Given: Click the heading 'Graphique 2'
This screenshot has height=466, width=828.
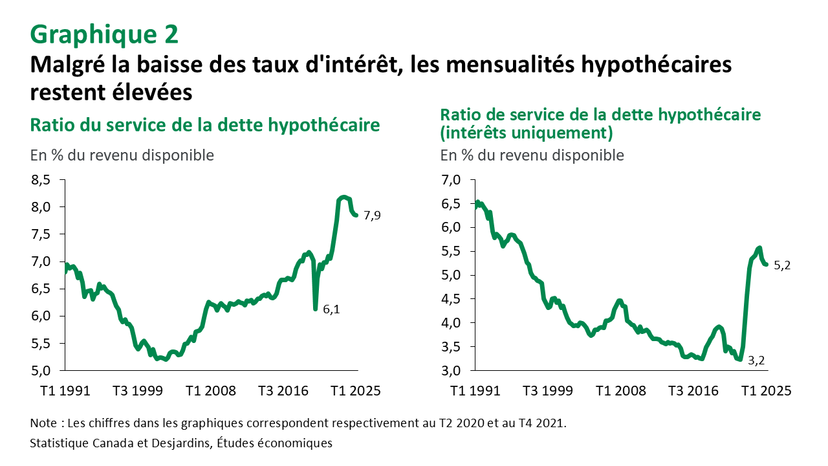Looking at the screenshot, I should pos(104,34).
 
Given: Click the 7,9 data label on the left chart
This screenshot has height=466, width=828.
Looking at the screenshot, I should pos(372,216).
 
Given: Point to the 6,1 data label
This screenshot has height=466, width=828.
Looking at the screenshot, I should pos(331,310).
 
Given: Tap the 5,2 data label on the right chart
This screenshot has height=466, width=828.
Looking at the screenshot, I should pos(782,265).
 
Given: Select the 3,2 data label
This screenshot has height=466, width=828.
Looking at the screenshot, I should pos(757,361).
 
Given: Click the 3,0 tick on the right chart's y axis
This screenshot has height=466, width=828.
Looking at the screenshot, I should pos(452,371).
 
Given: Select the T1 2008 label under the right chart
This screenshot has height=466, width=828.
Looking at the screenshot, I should pos(621,392).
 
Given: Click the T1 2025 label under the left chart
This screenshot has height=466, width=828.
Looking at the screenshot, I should pos(356,392).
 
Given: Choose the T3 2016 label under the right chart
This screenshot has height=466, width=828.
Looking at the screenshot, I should pos(694,392).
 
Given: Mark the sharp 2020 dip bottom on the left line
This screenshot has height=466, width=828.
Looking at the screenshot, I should pos(315,309).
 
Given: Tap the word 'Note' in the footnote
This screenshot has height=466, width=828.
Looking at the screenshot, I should pos(43,423).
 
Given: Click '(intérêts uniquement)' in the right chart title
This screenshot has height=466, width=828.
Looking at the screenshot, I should pos(526,133).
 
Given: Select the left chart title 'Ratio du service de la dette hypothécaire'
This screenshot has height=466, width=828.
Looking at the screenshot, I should pos(204,124).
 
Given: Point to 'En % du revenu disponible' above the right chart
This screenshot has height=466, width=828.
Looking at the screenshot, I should pos(532,155).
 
